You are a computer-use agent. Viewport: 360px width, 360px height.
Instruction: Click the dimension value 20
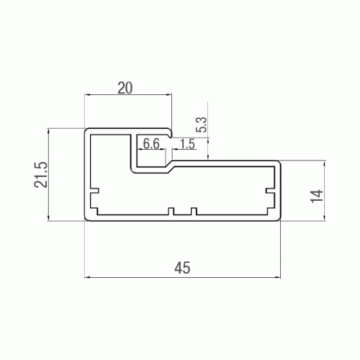click(x=125, y=88)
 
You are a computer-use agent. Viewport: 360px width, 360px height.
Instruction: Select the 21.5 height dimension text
click(x=41, y=174)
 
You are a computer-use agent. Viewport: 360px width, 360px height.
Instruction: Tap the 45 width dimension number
click(x=182, y=268)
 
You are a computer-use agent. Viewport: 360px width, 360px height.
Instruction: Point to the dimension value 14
click(x=317, y=196)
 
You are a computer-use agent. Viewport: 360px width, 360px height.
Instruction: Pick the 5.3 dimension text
click(x=202, y=125)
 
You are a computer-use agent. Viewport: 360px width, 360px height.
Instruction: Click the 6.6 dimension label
click(x=151, y=143)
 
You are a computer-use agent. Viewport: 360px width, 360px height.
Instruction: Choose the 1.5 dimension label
click(x=187, y=144)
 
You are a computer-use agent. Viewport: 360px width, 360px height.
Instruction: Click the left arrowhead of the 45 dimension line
click(x=87, y=277)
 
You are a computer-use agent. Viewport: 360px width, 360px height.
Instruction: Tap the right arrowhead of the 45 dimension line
click(x=278, y=277)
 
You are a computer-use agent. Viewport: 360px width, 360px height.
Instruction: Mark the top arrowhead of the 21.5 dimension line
click(x=48, y=131)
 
